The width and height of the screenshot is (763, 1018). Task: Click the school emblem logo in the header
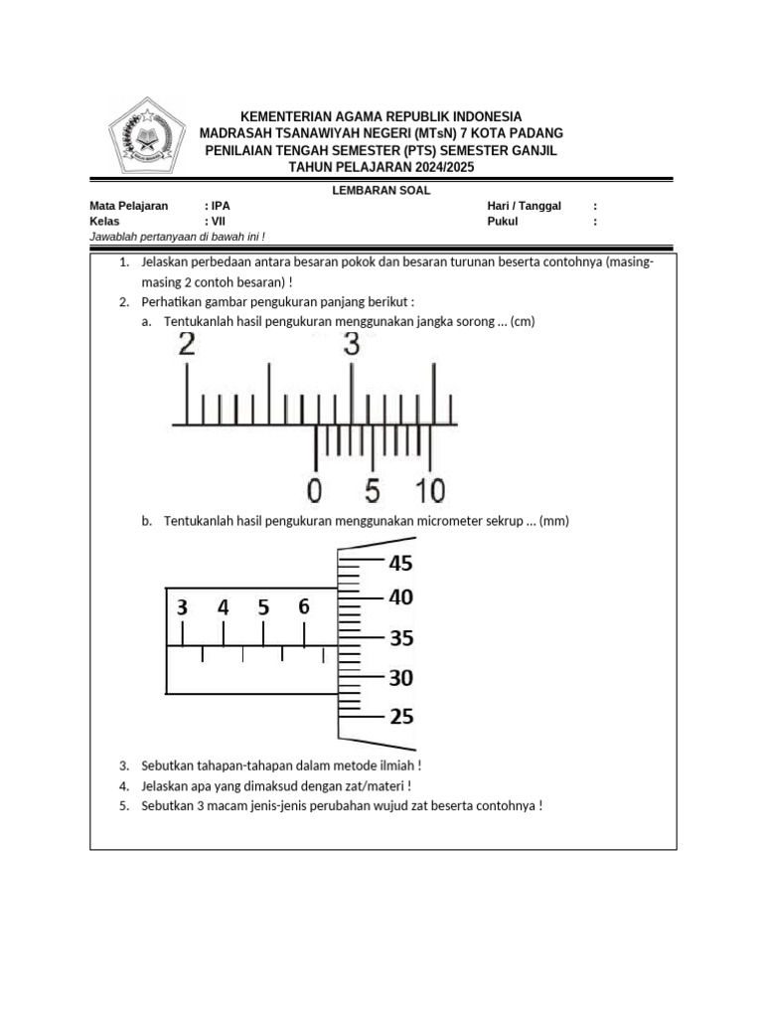click(x=146, y=137)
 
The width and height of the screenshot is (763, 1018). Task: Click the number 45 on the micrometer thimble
click(x=399, y=564)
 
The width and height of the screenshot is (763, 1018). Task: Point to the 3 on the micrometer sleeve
click(x=182, y=607)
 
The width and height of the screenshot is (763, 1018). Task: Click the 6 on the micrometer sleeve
click(x=304, y=606)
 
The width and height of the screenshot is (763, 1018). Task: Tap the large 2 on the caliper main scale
click(x=187, y=345)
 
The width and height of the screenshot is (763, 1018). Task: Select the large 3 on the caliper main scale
click(x=352, y=345)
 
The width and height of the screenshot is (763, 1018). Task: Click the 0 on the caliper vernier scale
click(x=315, y=490)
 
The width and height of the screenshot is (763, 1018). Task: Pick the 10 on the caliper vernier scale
click(x=430, y=490)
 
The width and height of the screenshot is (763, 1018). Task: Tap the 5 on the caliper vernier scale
click(x=373, y=490)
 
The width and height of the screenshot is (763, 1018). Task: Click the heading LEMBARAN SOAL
click(x=381, y=191)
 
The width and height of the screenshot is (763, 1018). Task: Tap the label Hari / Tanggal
click(x=524, y=206)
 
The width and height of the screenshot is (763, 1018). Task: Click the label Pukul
click(x=504, y=222)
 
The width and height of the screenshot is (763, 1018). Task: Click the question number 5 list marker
click(x=124, y=805)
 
